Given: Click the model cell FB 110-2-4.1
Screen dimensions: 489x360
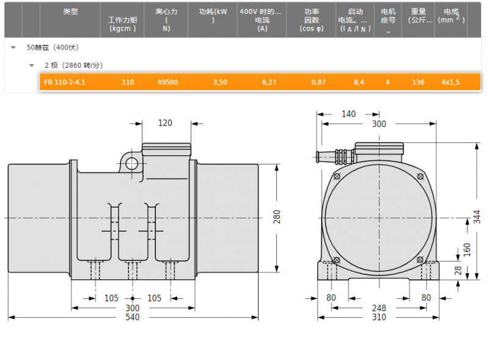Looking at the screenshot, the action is (65, 83).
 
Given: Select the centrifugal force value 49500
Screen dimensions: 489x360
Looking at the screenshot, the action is (167, 83).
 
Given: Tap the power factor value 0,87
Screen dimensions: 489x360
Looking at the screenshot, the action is (318, 83).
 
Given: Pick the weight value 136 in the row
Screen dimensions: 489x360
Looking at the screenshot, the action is (418, 83).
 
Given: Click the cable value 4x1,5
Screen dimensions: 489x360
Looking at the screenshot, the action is (450, 83).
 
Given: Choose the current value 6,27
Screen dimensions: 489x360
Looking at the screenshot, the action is (269, 83).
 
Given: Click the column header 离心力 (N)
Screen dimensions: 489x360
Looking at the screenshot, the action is (166, 20).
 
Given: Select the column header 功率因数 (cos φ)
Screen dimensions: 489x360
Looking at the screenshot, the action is (312, 20).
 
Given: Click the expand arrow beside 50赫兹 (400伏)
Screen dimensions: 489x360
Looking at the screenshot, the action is (13, 48).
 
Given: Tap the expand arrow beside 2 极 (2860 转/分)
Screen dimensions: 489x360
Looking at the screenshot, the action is (32, 65).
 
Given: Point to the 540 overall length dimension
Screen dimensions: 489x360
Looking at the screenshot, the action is (133, 317).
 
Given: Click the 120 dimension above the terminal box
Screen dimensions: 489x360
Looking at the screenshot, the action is (165, 123).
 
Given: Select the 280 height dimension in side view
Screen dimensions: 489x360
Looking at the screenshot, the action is (277, 217).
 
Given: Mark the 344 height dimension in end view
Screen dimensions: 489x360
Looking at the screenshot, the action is (477, 217).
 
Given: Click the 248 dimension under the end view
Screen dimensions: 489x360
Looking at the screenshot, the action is (379, 308).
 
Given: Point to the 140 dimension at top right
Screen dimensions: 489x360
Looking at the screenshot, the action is (348, 114).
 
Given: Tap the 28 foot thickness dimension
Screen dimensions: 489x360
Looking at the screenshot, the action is (458, 271).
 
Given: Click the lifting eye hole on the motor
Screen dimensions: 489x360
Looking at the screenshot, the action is (132, 163).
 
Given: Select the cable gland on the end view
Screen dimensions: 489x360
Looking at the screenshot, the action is (334, 156).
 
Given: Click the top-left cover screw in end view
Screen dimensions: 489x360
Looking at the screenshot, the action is (337, 177).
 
